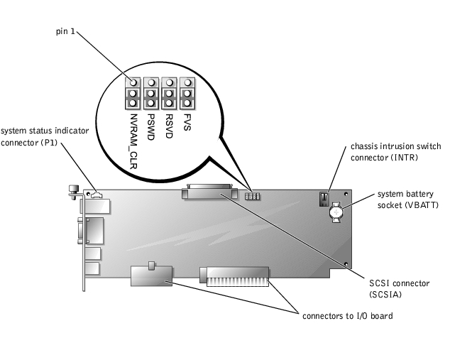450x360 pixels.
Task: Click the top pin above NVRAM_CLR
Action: point(133,82)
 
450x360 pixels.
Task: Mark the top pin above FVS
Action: point(187,82)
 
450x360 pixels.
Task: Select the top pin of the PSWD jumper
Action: point(151,82)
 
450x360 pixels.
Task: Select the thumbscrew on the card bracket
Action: point(73,190)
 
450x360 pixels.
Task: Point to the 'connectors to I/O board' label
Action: point(347,315)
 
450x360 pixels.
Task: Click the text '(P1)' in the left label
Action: point(50,141)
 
